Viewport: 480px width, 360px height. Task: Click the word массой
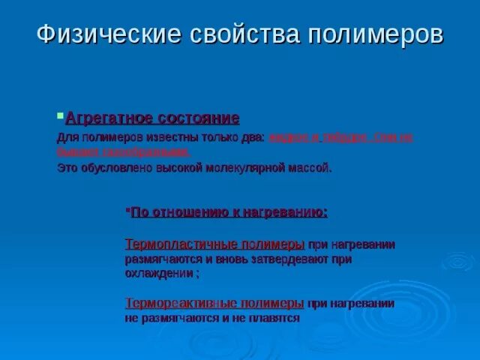tap(309, 168)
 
